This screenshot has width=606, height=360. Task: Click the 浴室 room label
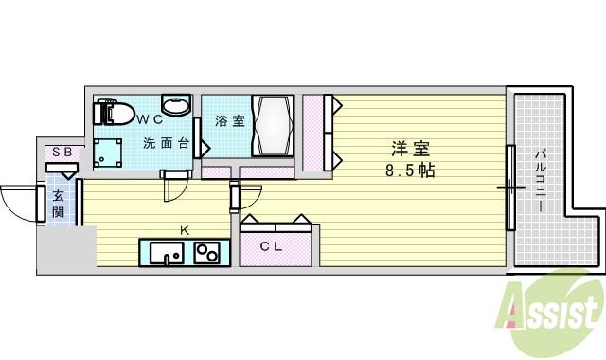228,121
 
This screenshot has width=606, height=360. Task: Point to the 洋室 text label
411,149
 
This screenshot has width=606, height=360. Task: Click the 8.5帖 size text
411,171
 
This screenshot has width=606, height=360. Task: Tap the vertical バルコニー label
541,179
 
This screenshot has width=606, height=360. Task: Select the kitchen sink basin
166,253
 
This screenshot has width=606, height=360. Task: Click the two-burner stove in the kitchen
205,253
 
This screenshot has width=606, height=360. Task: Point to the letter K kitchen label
185,229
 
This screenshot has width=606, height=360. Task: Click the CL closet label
273,246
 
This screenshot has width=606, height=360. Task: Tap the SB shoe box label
62,152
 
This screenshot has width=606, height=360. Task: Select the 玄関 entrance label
58,204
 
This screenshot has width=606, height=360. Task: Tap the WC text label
149,120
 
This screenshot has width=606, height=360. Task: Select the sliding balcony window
510,188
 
